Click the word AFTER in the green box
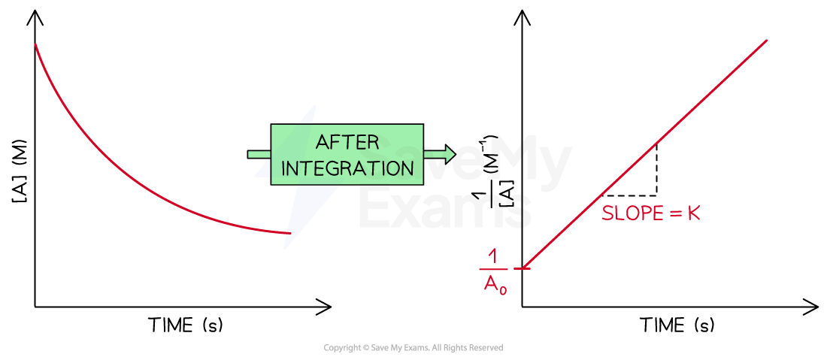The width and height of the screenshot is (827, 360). [347, 142]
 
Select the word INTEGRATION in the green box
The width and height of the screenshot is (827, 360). [347, 168]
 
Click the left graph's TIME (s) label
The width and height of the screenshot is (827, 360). [186, 325]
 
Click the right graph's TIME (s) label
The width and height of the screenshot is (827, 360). [677, 325]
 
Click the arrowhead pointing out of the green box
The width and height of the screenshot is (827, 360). [449, 154]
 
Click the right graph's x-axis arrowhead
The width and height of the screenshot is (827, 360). [810, 306]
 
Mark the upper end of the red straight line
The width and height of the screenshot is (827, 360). [766, 40]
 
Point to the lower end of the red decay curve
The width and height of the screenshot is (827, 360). [290, 233]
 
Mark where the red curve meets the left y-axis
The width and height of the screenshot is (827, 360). [35, 44]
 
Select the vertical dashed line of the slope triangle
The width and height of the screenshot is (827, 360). [656, 169]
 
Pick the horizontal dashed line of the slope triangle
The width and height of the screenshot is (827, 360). [629, 195]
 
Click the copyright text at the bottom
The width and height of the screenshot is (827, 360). [413, 348]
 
